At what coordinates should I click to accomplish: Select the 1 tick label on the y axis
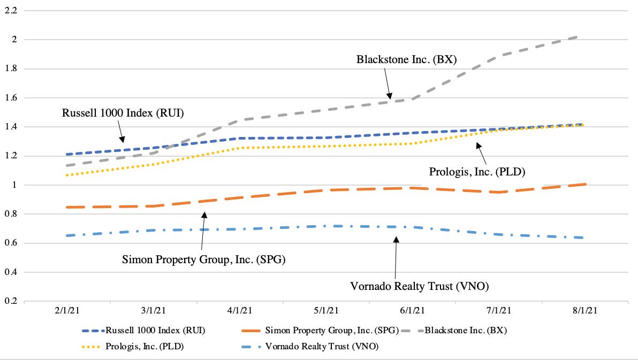14,185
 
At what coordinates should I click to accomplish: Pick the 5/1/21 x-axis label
326,311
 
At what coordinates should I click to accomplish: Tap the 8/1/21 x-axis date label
585,311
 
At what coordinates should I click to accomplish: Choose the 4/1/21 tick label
240,311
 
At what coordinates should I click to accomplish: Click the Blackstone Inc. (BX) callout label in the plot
406,59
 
